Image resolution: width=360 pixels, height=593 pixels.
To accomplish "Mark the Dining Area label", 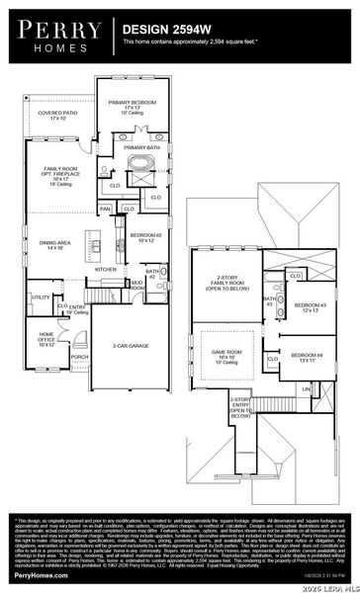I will (x=53, y=245).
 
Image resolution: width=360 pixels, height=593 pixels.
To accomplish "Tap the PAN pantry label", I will (x=105, y=210).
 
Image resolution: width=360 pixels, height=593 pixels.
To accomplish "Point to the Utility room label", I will (x=41, y=297).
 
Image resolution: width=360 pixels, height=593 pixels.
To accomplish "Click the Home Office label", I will (x=46, y=340).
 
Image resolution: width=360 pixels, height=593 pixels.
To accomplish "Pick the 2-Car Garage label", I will (x=131, y=346).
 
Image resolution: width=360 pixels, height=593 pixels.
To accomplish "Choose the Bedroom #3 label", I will (x=310, y=307).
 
